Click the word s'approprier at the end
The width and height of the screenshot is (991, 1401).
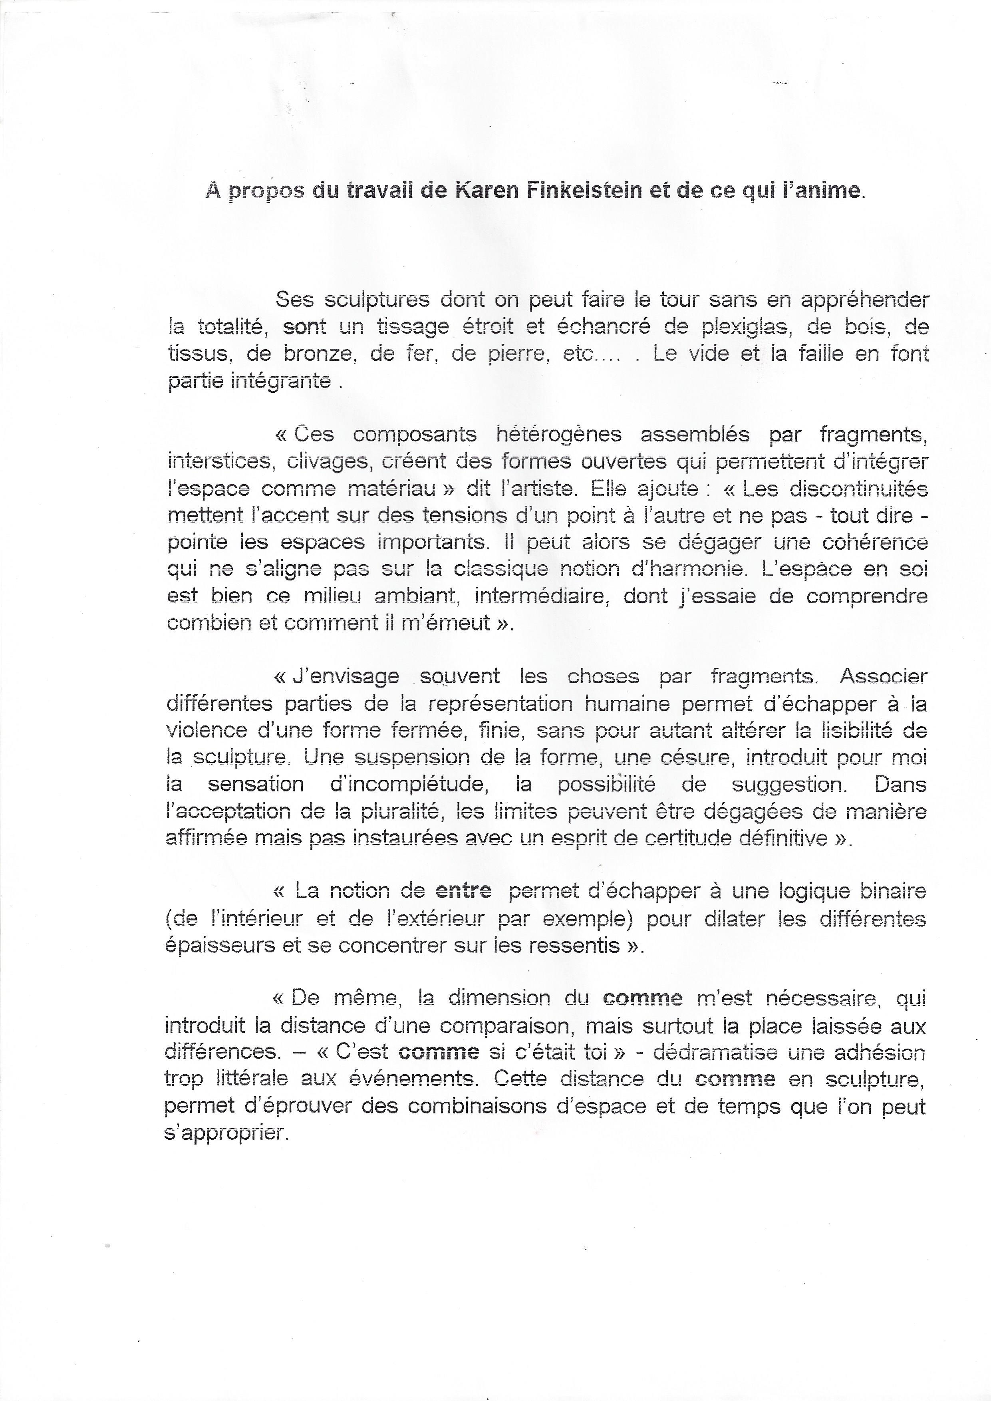226,1133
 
